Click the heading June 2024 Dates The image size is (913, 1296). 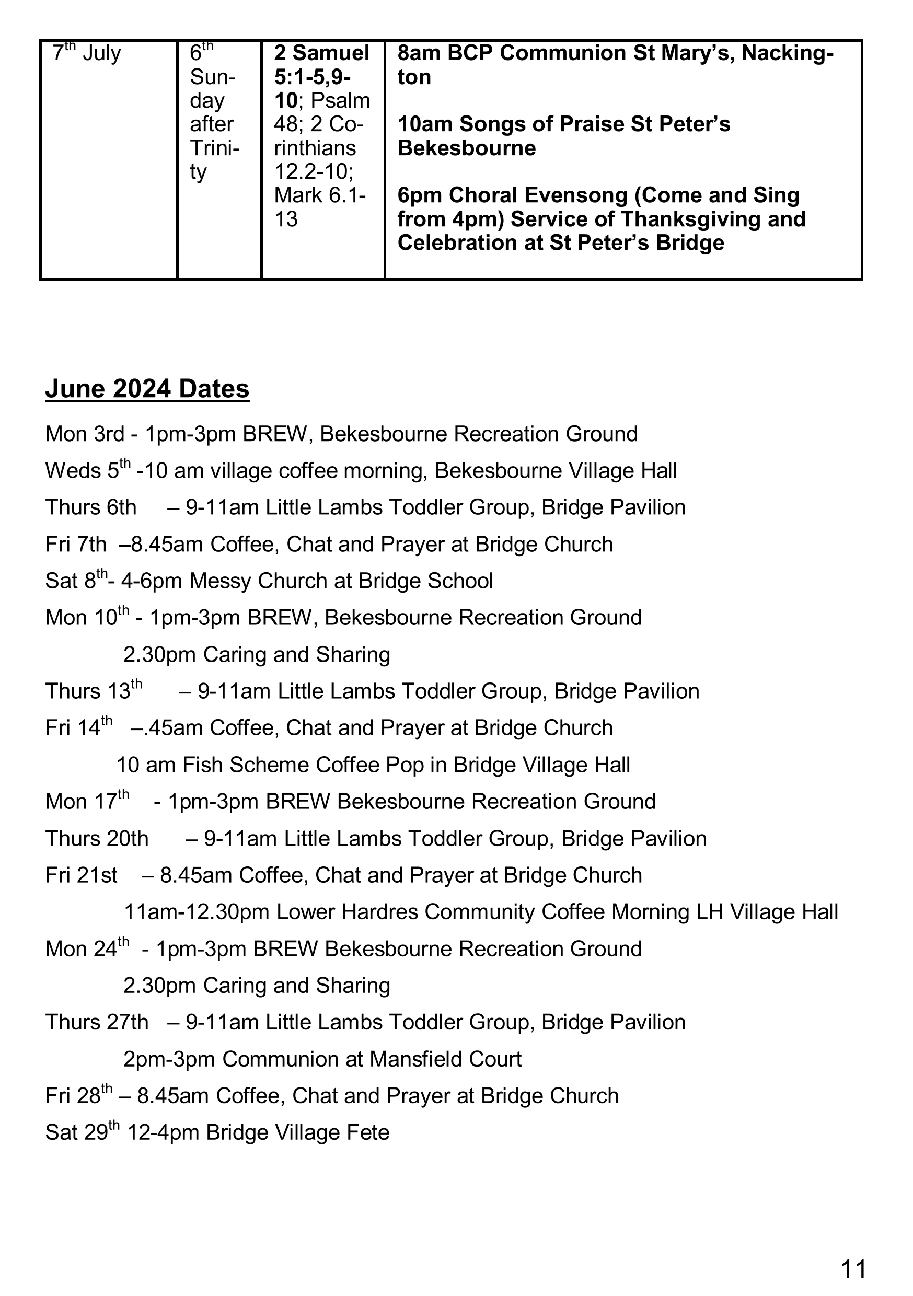pos(147,389)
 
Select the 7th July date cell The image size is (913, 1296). pos(86,54)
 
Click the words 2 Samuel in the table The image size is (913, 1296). pos(321,53)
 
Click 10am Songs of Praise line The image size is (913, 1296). pos(563,124)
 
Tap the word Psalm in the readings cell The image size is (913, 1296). pos(341,100)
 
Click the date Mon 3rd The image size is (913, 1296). pos(84,434)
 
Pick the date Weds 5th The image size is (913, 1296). pos(87,470)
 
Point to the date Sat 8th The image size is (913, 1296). pos(76,580)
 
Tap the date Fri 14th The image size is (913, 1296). pos(78,727)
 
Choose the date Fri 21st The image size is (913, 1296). pos(82,875)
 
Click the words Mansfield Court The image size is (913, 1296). pos(445,1059)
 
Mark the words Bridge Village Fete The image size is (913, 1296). pos(297,1133)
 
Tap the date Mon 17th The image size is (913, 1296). pos(87,802)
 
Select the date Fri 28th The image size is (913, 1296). pos(78,1096)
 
